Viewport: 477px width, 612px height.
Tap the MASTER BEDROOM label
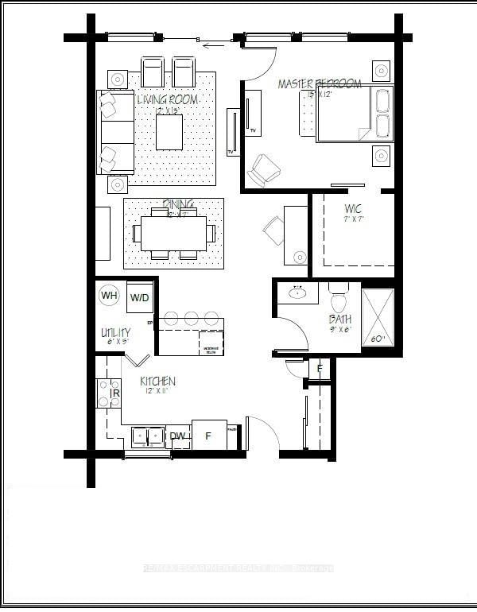(x=320, y=84)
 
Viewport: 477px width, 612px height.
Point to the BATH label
(x=341, y=320)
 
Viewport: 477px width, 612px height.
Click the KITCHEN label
(x=157, y=382)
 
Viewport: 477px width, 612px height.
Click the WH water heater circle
(x=110, y=296)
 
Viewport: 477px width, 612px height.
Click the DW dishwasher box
(x=178, y=436)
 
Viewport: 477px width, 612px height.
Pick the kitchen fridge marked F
(x=209, y=436)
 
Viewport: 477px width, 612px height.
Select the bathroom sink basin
(x=298, y=292)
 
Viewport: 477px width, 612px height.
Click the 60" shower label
(x=378, y=339)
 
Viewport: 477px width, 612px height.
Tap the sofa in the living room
(x=114, y=132)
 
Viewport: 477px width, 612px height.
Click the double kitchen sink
(x=147, y=436)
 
